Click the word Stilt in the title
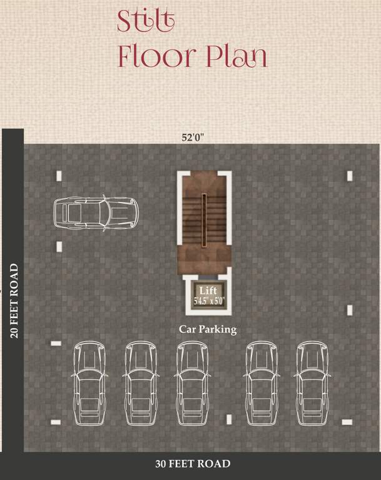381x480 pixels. point(146,21)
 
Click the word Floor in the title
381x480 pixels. point(156,57)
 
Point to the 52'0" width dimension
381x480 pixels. point(193,138)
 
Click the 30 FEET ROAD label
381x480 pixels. point(193,464)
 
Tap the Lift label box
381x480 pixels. point(208,294)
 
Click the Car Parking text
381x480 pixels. point(208,329)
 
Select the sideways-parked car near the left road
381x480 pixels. point(94,212)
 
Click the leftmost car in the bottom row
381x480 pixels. point(89,382)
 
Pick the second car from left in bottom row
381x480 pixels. point(140,382)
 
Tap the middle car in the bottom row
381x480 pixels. point(192,382)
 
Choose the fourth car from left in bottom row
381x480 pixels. point(262,382)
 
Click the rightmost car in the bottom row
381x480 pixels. point(312,382)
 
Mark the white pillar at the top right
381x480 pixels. point(350,176)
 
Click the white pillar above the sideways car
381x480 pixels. point(59,176)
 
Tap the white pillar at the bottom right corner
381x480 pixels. point(347,422)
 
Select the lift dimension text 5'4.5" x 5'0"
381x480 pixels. point(208,301)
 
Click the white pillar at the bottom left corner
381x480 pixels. point(56,422)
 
